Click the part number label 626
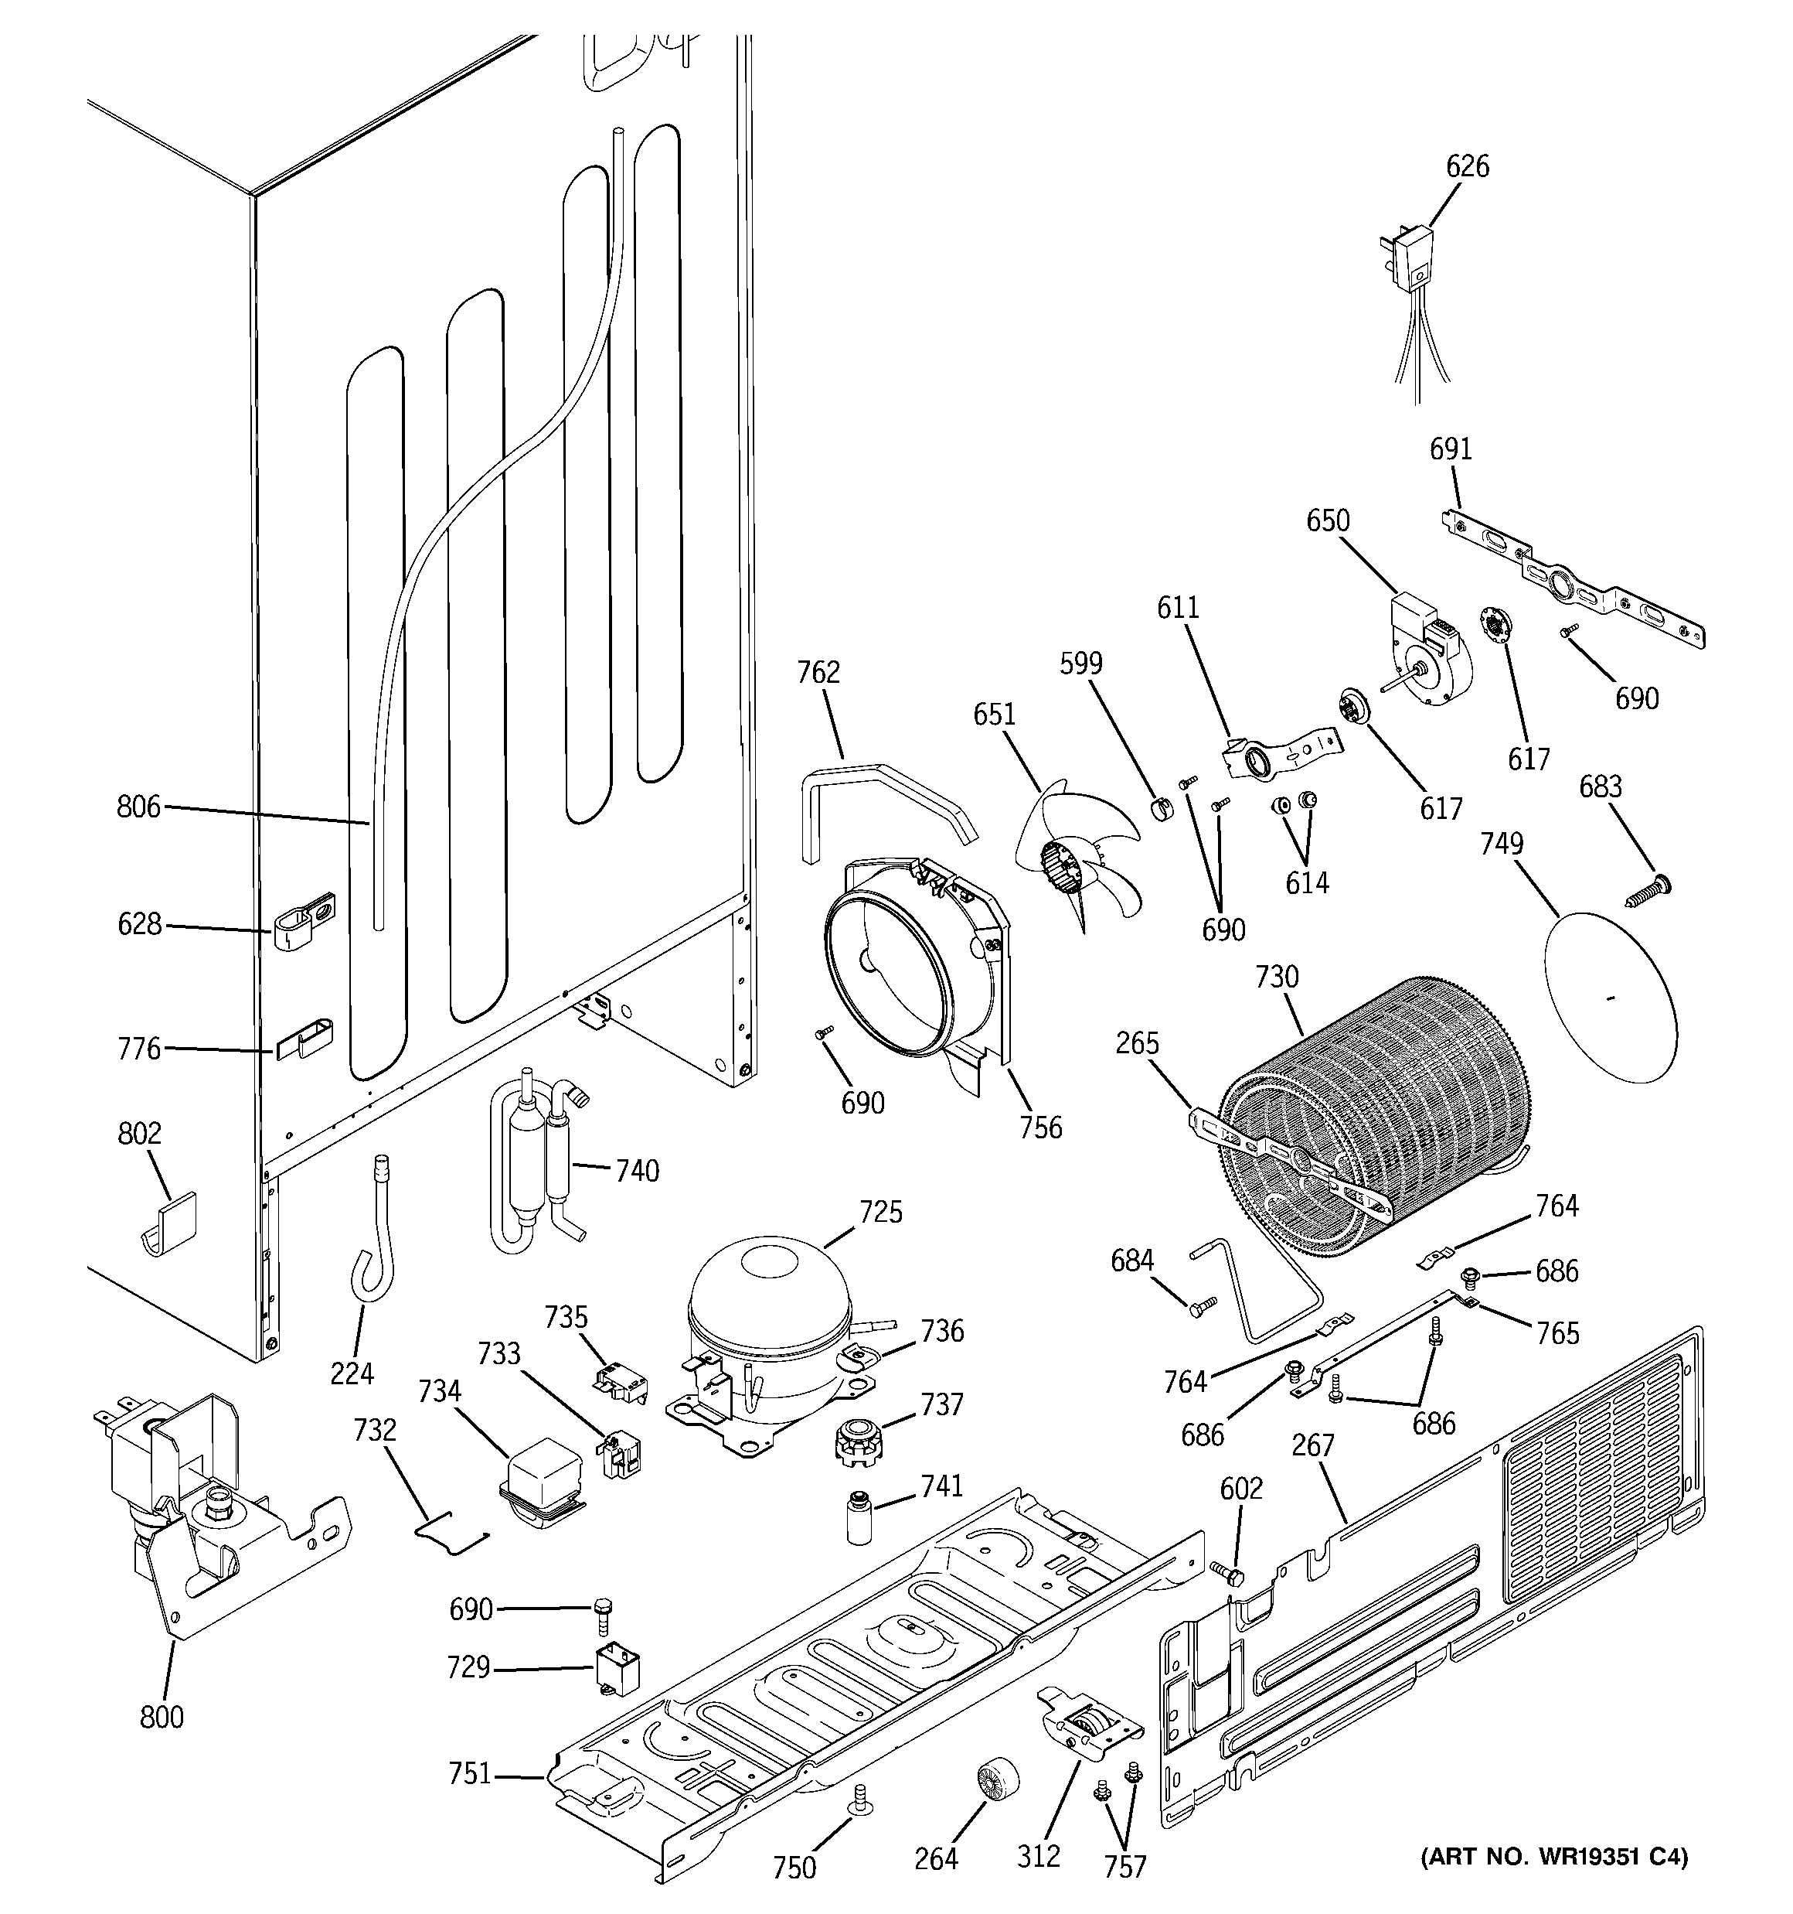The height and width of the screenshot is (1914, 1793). (1467, 166)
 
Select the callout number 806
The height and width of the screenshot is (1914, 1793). (138, 807)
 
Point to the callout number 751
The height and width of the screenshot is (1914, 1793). (470, 1772)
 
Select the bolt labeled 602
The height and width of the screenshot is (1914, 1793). (1227, 1575)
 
